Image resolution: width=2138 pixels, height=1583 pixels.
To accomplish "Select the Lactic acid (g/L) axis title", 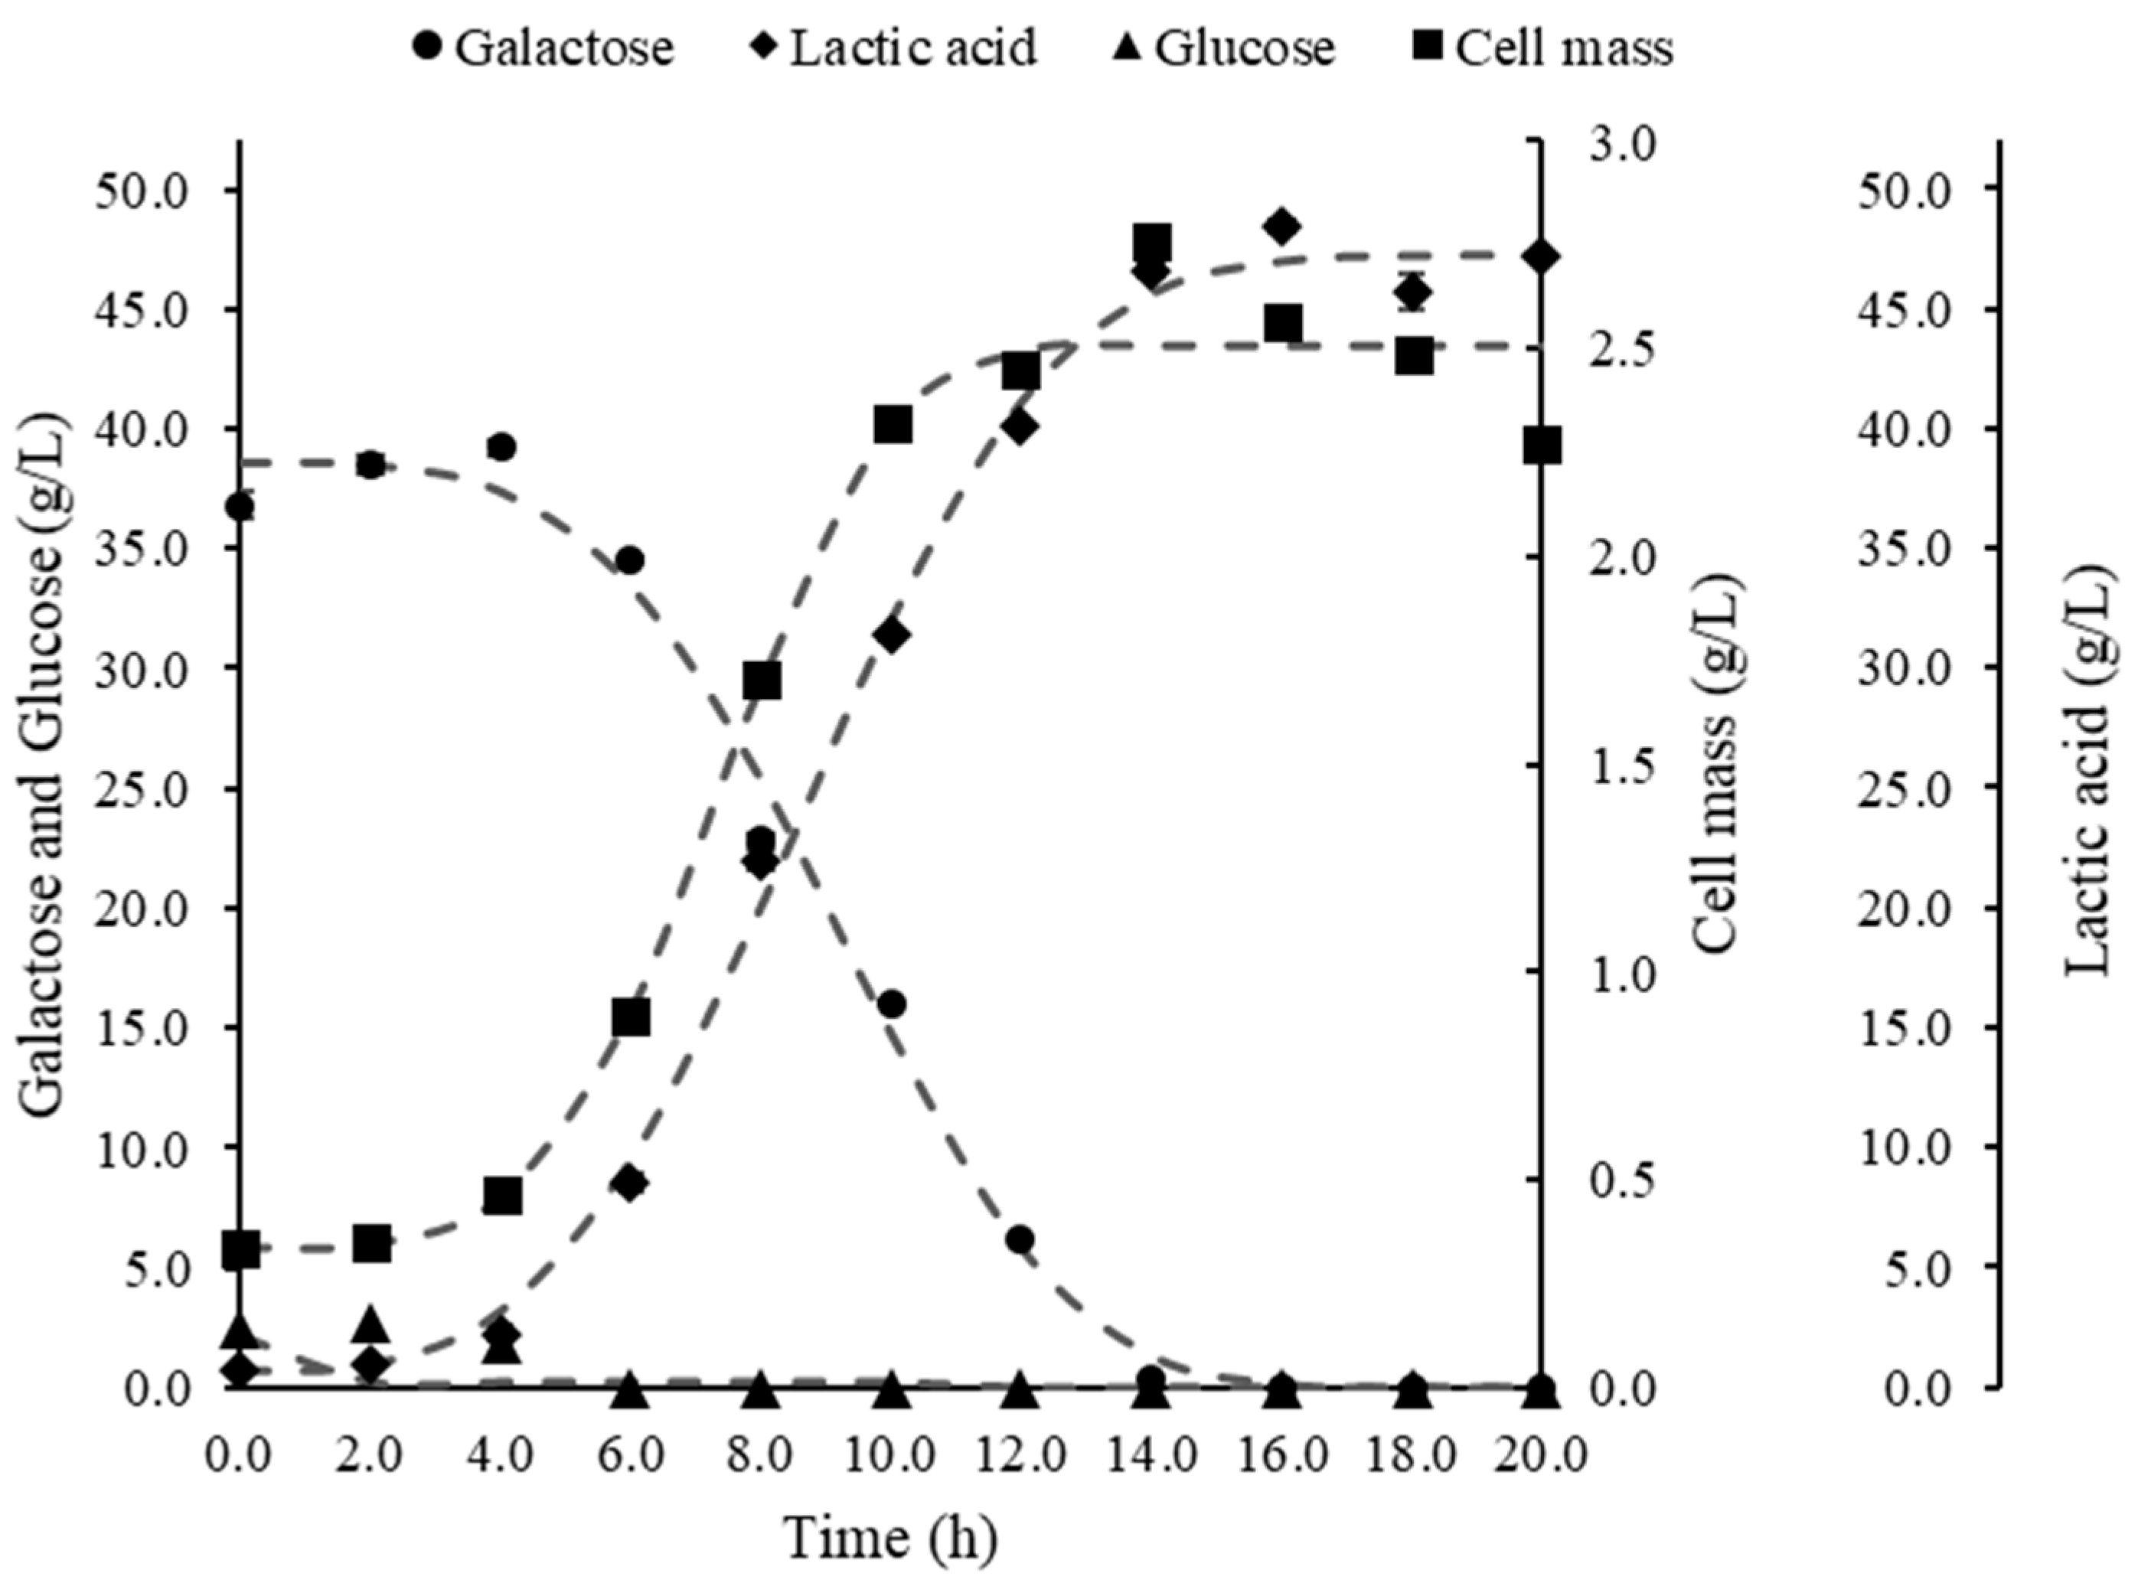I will point(2089,772).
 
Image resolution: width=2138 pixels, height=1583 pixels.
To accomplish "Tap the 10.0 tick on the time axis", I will point(891,1454).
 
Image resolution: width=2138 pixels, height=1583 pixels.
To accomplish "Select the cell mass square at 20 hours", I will point(1542,446).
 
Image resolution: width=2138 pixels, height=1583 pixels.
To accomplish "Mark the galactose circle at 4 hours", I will point(501,446).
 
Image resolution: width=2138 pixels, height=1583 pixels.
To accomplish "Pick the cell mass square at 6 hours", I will point(632,1017).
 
